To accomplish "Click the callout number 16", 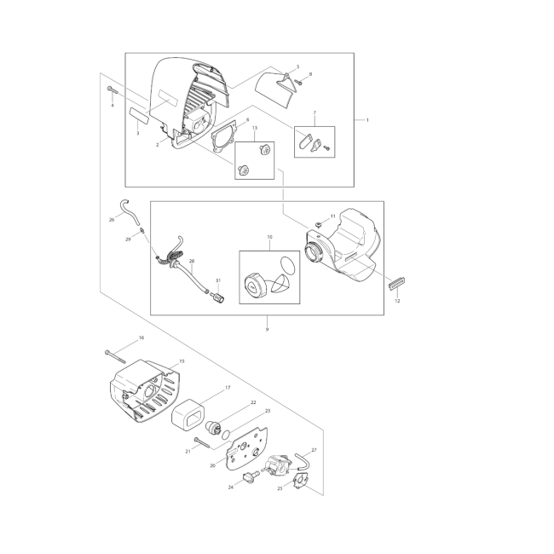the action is click(x=141, y=338).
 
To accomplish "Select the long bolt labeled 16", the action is click(x=115, y=356).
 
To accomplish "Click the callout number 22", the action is click(x=253, y=402).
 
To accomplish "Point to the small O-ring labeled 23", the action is click(x=225, y=435).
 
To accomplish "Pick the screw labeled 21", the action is click(x=203, y=442).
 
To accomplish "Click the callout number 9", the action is click(x=267, y=329).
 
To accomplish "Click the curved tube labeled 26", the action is click(x=129, y=211).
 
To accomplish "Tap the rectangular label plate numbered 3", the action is click(x=139, y=115).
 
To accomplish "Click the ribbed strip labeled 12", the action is click(x=397, y=284).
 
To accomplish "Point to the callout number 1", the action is click(x=367, y=120).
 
